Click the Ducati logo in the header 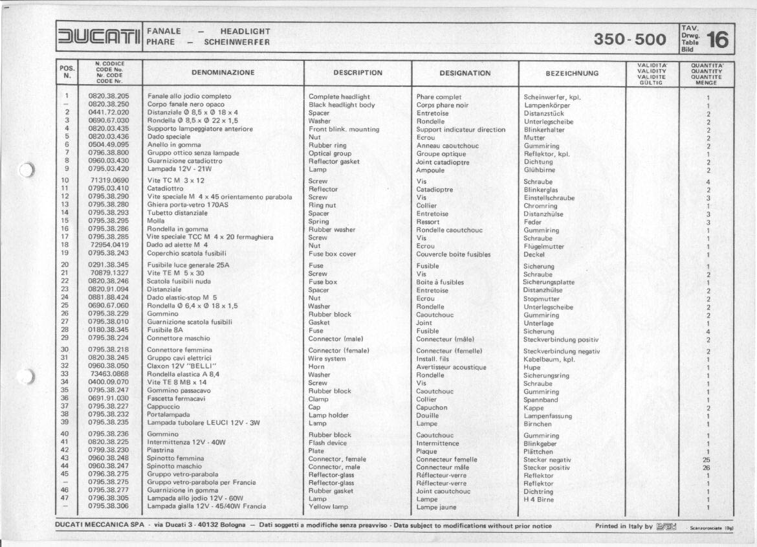(x=99, y=36)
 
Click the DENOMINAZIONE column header (x=223, y=73)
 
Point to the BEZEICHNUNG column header (x=572, y=73)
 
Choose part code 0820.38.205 (x=109, y=96)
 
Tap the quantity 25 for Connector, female (x=707, y=460)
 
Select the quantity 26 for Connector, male (x=707, y=467)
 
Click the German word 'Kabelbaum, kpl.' (x=549, y=359)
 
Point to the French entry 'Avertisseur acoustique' (x=451, y=367)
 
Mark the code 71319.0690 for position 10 (x=109, y=181)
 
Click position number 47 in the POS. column (x=65, y=499)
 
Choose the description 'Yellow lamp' (x=328, y=507)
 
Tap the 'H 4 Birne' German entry (x=539, y=499)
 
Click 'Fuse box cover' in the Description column (x=332, y=254)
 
